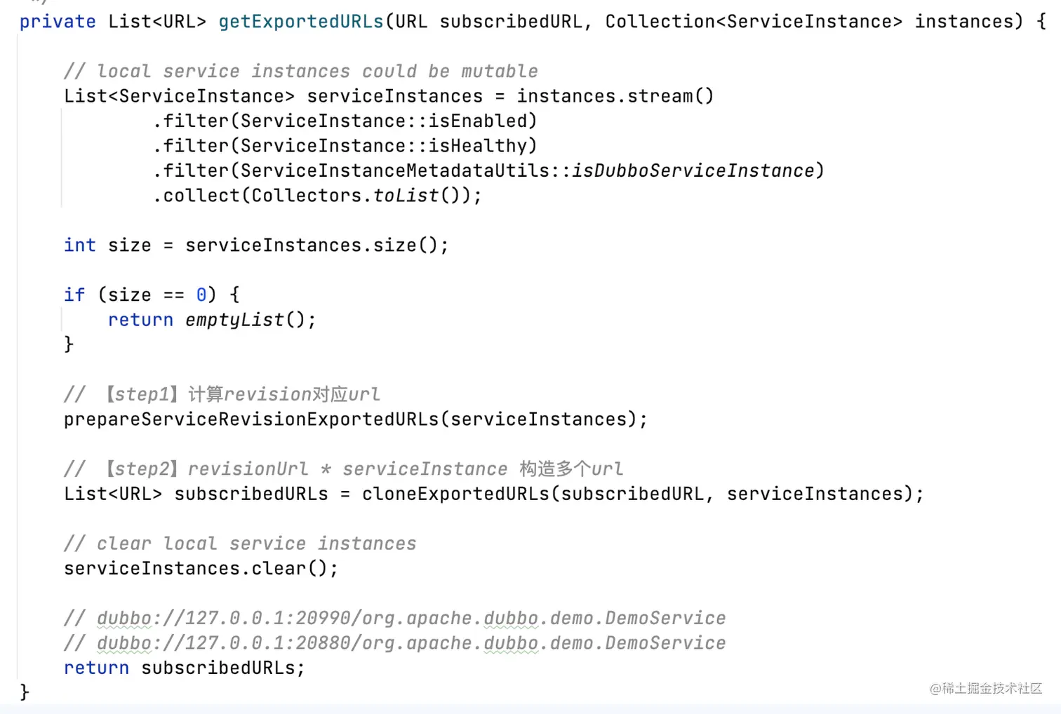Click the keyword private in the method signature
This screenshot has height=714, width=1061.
coord(57,22)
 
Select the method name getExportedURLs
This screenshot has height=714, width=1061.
coord(301,22)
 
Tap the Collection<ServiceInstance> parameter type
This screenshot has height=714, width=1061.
coord(754,22)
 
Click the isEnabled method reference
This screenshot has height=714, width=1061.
coord(478,121)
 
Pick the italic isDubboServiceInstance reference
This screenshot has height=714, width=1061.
coord(693,170)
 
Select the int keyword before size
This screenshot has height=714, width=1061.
coord(79,245)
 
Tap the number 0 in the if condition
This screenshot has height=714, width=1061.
coord(201,295)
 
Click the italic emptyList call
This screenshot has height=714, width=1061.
coord(234,320)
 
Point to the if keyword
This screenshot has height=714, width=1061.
coord(74,295)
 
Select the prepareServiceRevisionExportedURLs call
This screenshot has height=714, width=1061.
coord(251,419)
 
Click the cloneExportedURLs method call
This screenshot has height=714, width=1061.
coord(455,494)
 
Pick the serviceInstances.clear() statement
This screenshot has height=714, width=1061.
coord(201,569)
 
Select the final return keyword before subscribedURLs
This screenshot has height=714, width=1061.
coord(96,668)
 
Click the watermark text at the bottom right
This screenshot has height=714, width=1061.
coord(985,689)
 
